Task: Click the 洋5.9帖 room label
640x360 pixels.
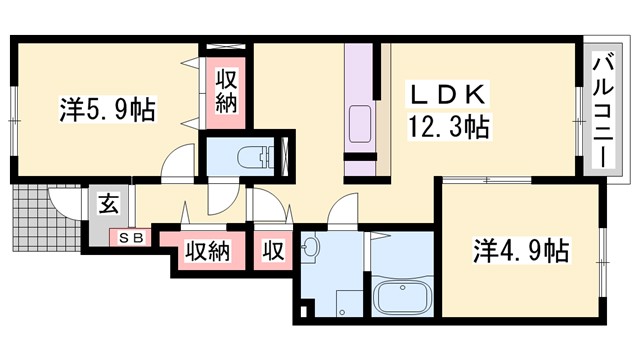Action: pos(107,109)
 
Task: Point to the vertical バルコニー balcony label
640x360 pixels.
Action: pos(603,111)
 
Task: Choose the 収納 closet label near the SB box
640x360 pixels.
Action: pos(206,250)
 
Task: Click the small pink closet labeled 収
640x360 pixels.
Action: pos(272,250)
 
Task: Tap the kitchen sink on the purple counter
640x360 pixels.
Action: pos(358,129)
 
